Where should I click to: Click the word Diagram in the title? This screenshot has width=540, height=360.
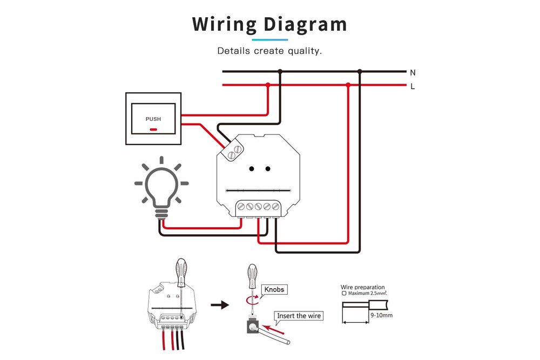coord(306,24)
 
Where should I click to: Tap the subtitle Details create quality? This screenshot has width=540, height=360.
coord(269,51)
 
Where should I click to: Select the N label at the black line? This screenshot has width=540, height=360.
coord(413,72)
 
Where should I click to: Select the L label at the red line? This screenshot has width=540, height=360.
coord(413,86)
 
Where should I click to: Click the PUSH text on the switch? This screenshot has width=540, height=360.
coord(153,119)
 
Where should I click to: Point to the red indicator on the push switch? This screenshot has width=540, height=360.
coord(153,130)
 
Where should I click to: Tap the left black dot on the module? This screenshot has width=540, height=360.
coord(252,169)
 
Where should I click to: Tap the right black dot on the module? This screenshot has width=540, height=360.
coord(268,169)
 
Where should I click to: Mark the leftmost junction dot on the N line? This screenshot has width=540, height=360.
coord(280,71)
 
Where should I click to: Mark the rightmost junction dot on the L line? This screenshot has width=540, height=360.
coord(348,85)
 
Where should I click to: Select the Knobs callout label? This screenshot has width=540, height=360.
coord(273,290)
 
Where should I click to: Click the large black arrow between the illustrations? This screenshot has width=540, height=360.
coord(219,305)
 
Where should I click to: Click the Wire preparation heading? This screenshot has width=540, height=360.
coord(363,287)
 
